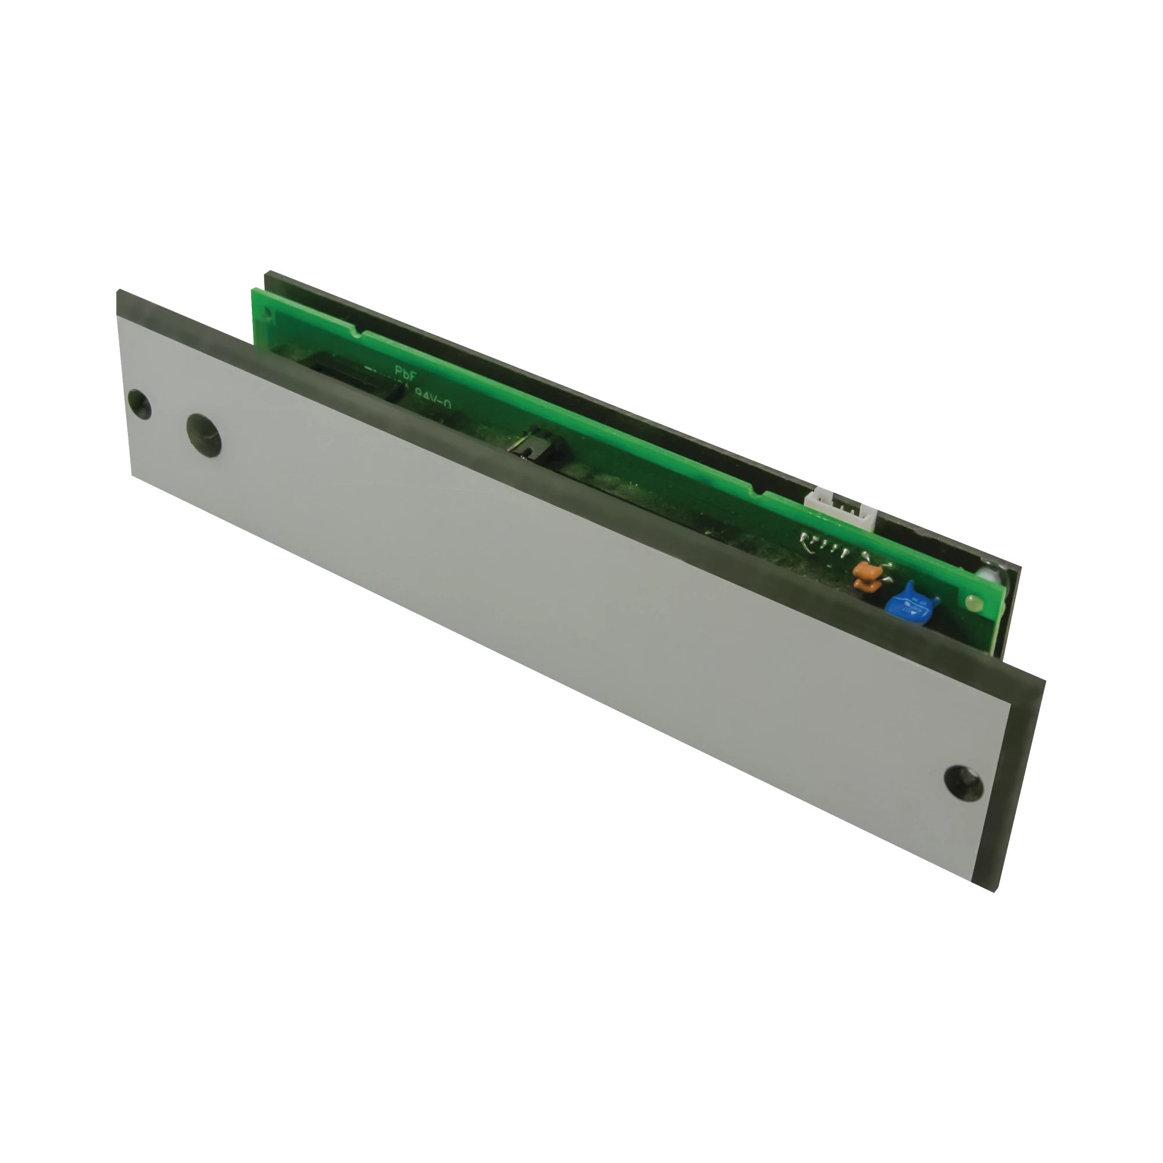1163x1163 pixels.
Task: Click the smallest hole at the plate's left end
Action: coord(139,405)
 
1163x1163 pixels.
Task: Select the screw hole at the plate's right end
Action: coord(963,783)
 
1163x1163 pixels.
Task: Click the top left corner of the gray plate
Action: coord(119,293)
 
